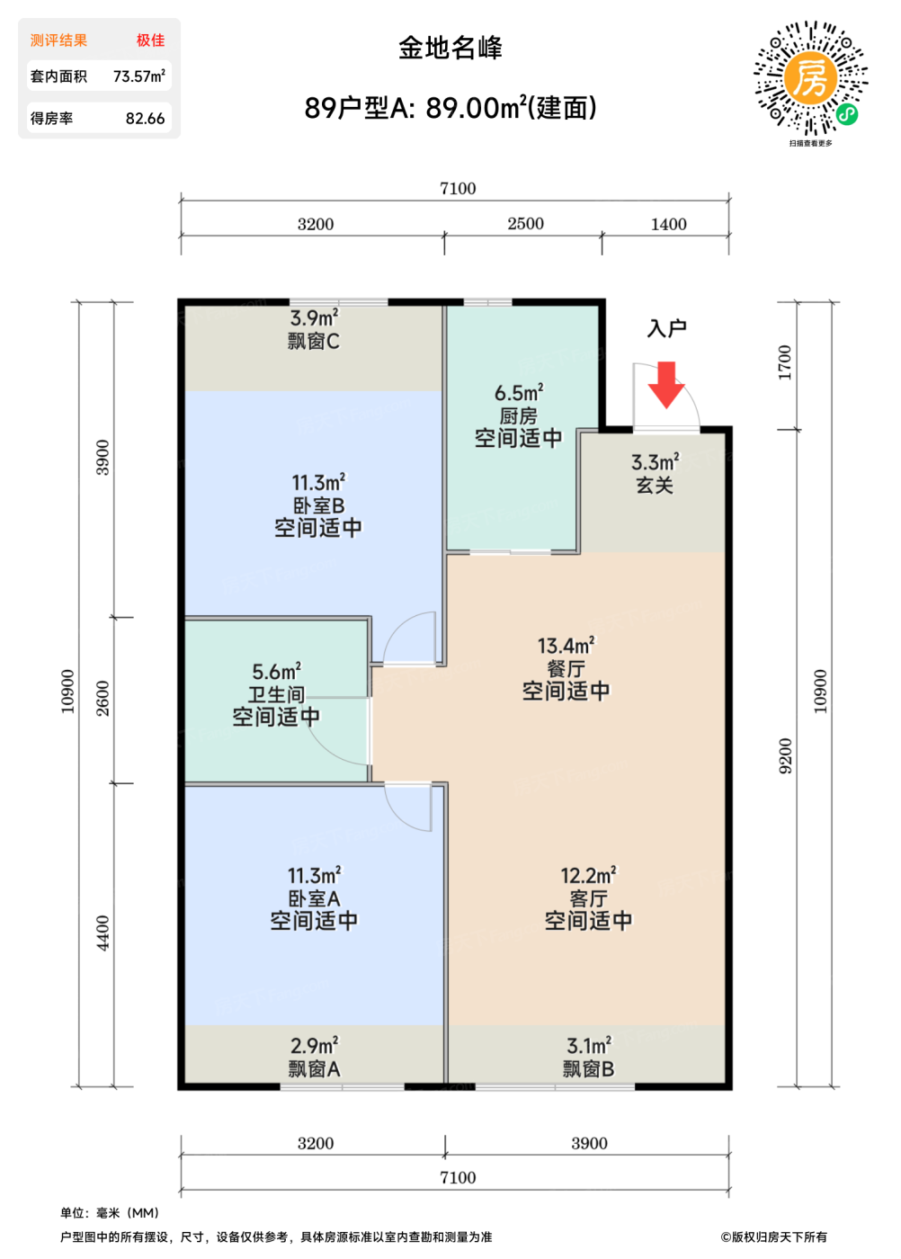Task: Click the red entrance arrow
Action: [666, 384]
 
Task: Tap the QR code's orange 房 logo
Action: [810, 77]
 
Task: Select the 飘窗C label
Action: [314, 341]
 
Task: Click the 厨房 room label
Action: [518, 416]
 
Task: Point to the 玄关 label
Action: [655, 485]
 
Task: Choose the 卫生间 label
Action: [276, 694]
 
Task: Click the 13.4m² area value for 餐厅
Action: [566, 646]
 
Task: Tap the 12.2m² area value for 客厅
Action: [588, 875]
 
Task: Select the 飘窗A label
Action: [314, 1068]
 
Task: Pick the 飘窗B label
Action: [588, 1068]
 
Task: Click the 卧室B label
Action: [318, 505]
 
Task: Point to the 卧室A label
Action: [314, 898]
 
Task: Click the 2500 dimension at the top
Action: [525, 224]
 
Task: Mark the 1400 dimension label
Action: [669, 224]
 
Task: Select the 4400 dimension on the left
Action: [103, 933]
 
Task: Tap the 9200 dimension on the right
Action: [785, 756]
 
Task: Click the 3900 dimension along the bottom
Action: [590, 1143]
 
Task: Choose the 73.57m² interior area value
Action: [139, 76]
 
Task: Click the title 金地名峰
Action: [450, 48]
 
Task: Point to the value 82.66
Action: [145, 119]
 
